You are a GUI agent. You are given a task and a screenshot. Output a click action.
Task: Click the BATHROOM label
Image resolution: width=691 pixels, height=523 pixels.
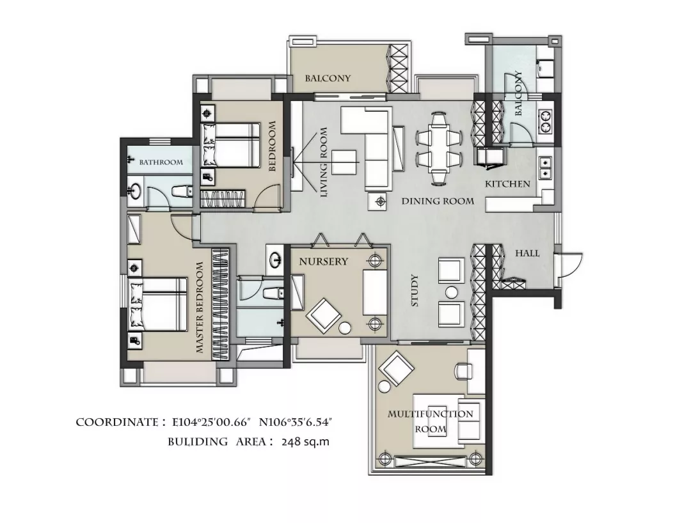tap(161, 162)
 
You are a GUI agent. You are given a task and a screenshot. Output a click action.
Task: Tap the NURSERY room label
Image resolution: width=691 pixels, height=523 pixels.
tap(324, 261)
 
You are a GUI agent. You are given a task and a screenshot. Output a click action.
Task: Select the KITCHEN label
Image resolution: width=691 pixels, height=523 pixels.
tap(507, 183)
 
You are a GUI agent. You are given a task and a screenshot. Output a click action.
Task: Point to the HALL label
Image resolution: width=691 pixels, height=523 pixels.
tap(527, 253)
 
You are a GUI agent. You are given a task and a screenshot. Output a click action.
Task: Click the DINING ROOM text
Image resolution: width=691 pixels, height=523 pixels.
tap(438, 201)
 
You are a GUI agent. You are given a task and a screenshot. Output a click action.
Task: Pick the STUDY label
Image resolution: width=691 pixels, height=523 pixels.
tap(414, 290)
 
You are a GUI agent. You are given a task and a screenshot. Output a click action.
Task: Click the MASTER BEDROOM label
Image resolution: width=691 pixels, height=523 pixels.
tap(200, 308)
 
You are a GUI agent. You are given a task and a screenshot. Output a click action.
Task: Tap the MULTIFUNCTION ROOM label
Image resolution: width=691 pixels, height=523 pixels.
tap(431, 421)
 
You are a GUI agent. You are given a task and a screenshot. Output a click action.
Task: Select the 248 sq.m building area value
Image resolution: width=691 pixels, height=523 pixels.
tap(305, 441)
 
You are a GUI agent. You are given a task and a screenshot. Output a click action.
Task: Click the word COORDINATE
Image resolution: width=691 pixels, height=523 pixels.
tap(117, 422)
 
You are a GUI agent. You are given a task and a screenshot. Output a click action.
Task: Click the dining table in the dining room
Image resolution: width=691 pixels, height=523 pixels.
tap(438, 148)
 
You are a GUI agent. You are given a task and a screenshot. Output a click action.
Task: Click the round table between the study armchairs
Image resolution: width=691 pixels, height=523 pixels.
tap(451, 292)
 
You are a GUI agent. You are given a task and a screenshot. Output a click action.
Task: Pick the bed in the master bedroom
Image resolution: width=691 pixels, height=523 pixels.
tap(157, 304)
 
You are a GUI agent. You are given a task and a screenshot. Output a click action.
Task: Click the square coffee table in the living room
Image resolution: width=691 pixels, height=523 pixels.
tap(344, 162)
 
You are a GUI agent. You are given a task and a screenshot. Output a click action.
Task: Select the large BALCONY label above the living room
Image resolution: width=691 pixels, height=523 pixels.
tap(328, 79)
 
